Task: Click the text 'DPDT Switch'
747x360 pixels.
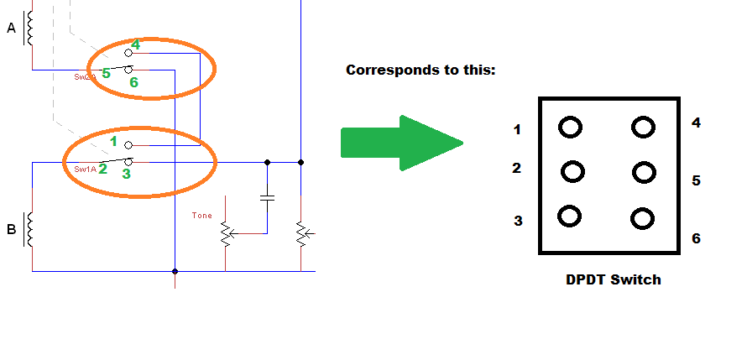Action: point(613,279)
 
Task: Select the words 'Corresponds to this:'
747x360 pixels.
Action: point(421,70)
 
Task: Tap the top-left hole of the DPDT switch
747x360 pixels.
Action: point(570,128)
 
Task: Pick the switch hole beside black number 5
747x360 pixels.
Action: point(644,172)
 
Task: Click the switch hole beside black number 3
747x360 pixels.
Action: point(569,216)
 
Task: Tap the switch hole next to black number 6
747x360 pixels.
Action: point(643,219)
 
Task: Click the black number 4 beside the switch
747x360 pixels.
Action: point(696,123)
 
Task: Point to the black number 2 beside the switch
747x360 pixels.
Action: point(517,168)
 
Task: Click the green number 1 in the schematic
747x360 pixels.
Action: point(113,141)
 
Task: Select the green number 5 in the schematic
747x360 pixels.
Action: point(106,74)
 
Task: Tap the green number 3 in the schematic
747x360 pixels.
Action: point(126,174)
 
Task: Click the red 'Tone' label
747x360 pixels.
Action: point(202,216)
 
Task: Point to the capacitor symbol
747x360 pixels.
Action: point(267,198)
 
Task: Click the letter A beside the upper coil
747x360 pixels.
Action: point(11,28)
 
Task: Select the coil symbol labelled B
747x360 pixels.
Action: point(31,229)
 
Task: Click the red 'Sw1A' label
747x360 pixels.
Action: point(85,169)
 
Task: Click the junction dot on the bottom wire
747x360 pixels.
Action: point(175,271)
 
